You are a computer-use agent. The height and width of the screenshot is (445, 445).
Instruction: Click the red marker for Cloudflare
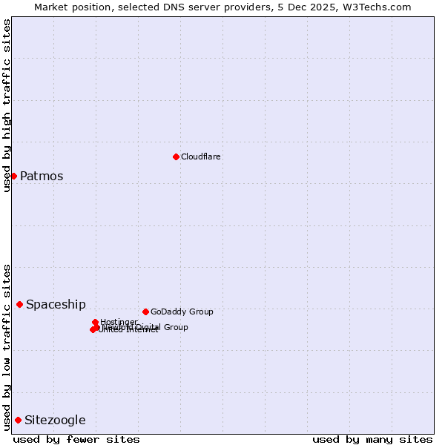(176, 156)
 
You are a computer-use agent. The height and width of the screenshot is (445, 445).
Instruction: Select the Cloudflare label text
(201, 156)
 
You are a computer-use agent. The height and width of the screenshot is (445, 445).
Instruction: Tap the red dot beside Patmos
(13, 176)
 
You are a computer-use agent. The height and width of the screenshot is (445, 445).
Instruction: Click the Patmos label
(42, 177)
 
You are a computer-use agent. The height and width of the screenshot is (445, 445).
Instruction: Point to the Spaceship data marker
(20, 304)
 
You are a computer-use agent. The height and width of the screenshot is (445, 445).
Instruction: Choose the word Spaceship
(56, 305)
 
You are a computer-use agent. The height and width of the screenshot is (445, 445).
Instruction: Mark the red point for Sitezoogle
(18, 420)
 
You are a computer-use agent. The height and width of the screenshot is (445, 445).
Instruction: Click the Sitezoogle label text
(55, 421)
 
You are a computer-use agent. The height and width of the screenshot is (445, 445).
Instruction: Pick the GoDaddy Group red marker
(145, 311)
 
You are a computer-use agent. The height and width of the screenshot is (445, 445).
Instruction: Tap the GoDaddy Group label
(182, 311)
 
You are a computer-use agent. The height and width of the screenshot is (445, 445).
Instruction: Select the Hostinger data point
(96, 322)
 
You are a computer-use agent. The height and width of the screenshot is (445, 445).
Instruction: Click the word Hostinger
(119, 322)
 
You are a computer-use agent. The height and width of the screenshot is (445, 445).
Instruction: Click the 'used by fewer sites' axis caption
(76, 439)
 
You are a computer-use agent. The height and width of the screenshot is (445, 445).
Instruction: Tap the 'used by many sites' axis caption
(372, 439)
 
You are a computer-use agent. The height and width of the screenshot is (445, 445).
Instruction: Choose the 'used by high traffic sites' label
(7, 106)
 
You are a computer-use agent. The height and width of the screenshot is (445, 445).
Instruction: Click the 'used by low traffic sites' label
(7, 347)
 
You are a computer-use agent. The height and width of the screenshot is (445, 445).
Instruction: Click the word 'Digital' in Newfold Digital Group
(149, 327)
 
